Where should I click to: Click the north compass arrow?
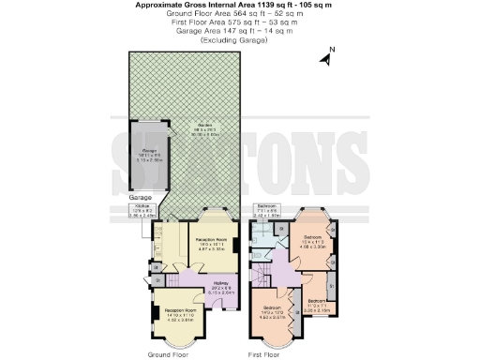pyautogui.click(x=325, y=58)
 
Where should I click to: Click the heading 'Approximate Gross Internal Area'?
pyautogui.click(x=240, y=5)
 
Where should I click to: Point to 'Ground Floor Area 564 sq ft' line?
pyautogui.click(x=240, y=15)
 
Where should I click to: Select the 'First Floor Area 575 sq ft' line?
pyautogui.click(x=240, y=24)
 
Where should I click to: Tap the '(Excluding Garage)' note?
pyautogui.click(x=240, y=43)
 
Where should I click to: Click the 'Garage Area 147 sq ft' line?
pyautogui.click(x=240, y=34)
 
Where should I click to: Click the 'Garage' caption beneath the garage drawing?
pyautogui.click(x=141, y=199)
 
